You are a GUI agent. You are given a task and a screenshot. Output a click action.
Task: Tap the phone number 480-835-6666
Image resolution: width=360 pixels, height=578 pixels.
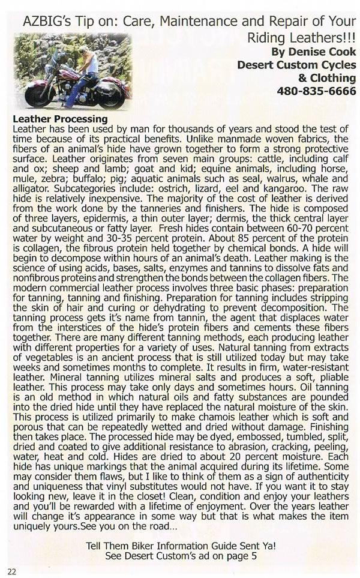(x=316, y=92)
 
